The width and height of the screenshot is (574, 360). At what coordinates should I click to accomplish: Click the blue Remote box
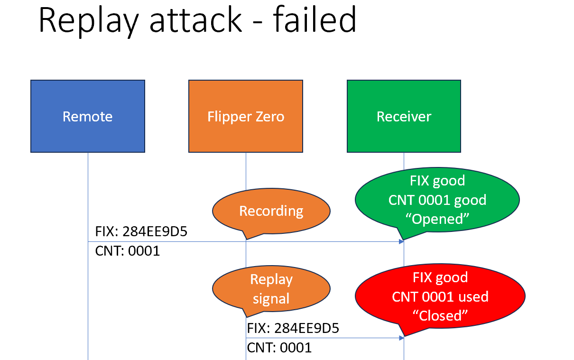pos(88,116)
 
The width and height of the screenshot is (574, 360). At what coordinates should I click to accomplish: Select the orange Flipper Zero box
pos(246,116)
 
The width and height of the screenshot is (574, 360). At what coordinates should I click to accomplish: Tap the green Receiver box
pos(404,116)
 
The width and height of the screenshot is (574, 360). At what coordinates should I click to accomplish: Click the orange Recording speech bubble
pos(271,211)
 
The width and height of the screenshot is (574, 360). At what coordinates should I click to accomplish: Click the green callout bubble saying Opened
pos(437,200)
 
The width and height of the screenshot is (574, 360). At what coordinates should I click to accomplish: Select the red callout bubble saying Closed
pos(440,296)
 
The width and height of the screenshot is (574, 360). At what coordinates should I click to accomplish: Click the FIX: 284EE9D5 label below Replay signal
pos(293,328)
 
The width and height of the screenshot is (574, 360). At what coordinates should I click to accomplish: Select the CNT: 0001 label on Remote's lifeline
pos(127,250)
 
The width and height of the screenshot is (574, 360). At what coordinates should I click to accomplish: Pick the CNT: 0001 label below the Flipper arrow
pos(279,348)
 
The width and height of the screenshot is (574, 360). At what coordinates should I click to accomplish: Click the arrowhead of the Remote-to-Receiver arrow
pos(401,241)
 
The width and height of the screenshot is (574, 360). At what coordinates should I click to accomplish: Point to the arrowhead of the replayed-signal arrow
pos(401,338)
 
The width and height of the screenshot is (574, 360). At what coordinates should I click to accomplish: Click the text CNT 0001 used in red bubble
pos(440,296)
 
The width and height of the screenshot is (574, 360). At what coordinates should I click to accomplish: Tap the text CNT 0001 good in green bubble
pos(437,200)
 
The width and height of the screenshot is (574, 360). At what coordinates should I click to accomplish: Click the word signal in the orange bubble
pos(271,299)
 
